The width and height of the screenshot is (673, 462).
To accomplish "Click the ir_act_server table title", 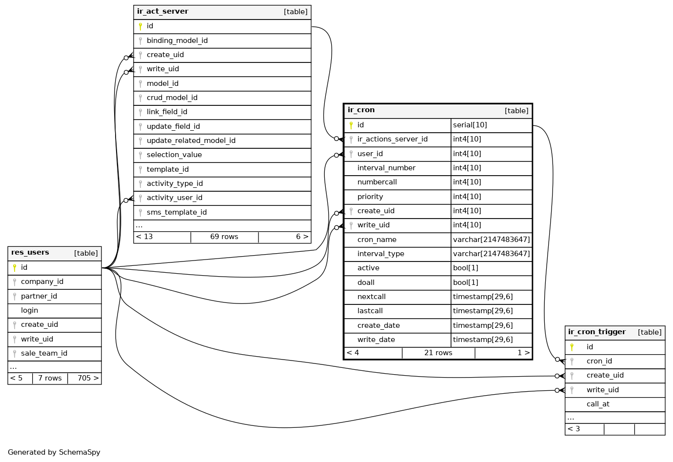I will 162,12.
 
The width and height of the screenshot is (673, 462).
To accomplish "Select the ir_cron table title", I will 361,110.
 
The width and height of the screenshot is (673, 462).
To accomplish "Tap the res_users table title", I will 30,253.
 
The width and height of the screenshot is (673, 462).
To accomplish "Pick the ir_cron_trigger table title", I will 596,332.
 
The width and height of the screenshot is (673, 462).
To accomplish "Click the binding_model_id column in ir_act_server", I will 177,40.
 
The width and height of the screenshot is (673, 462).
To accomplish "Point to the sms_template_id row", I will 177,212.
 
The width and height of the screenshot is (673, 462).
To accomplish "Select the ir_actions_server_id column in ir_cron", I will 392,140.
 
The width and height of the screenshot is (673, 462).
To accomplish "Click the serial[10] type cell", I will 470,125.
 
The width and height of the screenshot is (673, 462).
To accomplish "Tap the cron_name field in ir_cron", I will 376,240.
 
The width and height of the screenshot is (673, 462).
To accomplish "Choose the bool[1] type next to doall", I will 465,282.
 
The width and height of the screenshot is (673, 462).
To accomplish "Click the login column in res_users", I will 29,310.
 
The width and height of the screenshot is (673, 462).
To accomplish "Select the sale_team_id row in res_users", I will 44,353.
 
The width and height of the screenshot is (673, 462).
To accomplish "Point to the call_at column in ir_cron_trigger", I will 598,404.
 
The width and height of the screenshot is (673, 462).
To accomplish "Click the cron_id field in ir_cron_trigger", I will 599,361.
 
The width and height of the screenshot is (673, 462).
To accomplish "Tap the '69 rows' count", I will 224,237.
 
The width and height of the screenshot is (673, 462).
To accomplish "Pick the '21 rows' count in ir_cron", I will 438,353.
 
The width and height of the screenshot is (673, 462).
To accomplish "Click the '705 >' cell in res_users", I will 88,378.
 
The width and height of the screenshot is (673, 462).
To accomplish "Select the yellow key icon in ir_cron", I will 351,125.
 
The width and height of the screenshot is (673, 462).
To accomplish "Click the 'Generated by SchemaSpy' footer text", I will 54,452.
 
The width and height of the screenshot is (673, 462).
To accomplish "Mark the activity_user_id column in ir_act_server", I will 174,198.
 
